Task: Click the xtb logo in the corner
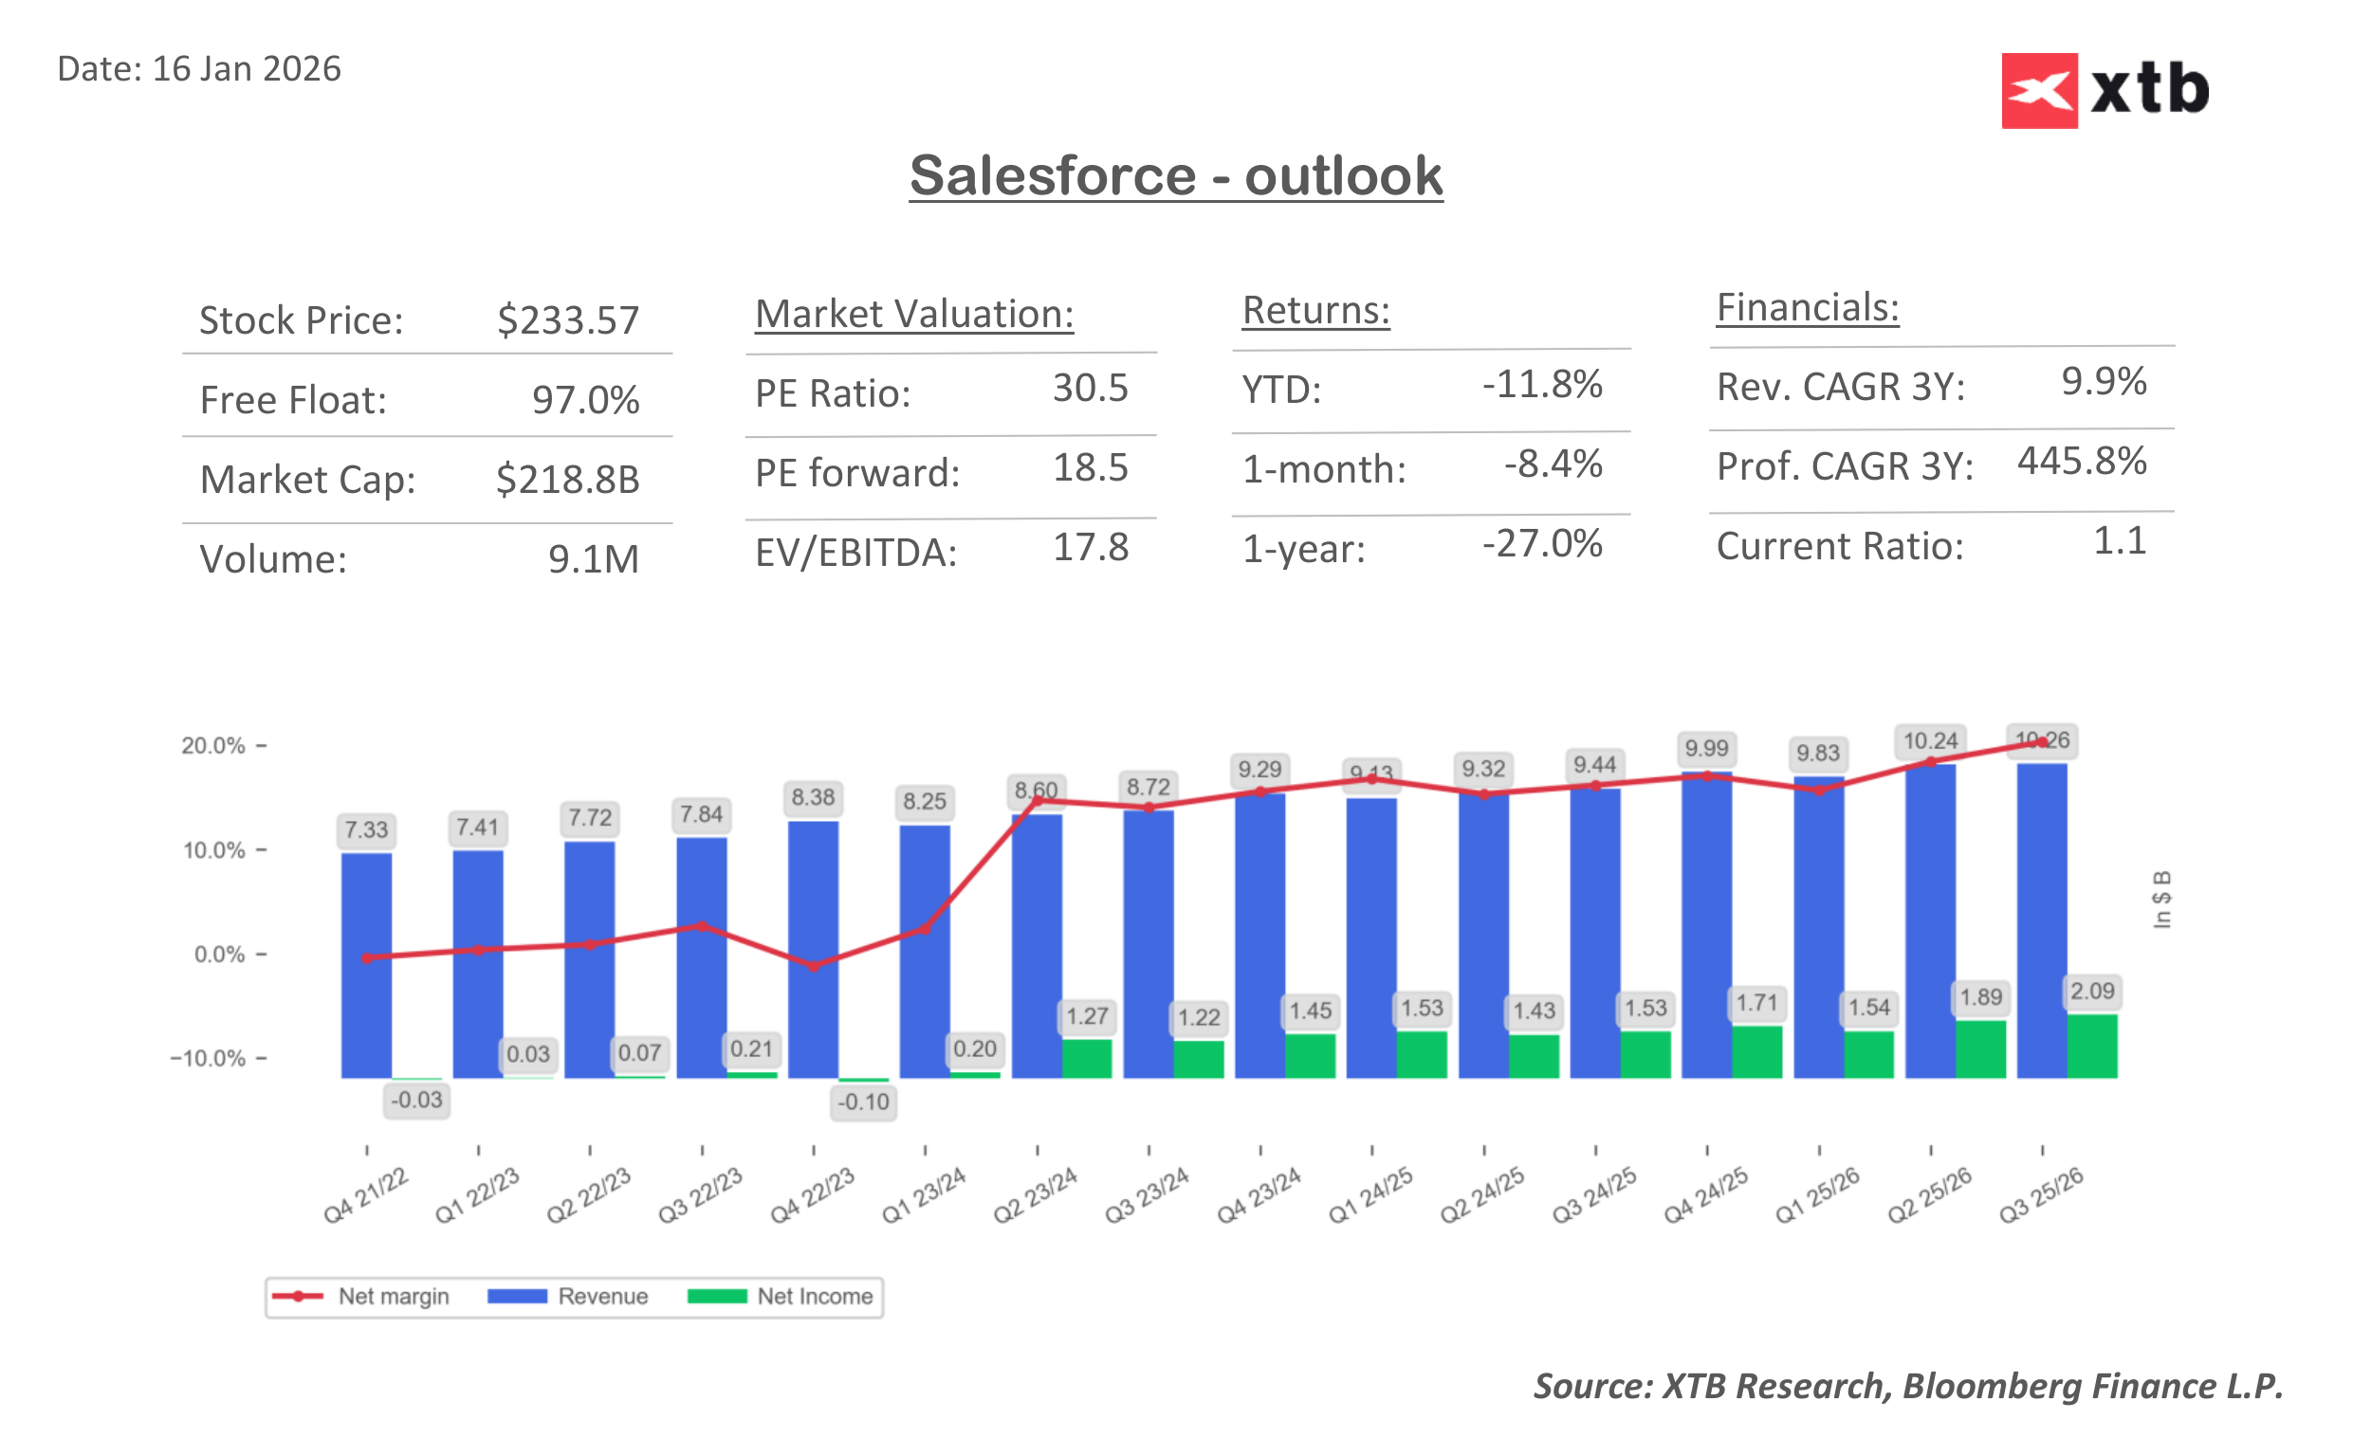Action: pyautogui.click(x=2104, y=90)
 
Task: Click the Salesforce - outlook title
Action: pyautogui.click(x=1175, y=175)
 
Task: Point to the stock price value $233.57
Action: pyautogui.click(x=567, y=319)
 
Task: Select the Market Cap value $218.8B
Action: pyautogui.click(x=567, y=479)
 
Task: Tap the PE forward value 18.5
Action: pyautogui.click(x=1090, y=468)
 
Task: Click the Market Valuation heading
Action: pyautogui.click(x=913, y=314)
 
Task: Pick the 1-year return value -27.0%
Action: pyautogui.click(x=1541, y=544)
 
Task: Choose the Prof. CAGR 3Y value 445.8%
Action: pyautogui.click(x=2081, y=462)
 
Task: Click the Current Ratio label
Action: pyautogui.click(x=1839, y=546)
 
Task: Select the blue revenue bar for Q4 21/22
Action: pyautogui.click(x=366, y=965)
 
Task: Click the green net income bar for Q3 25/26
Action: pyautogui.click(x=2091, y=1046)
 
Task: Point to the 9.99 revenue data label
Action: pyautogui.click(x=1706, y=748)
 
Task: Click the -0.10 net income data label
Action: pyautogui.click(x=863, y=1101)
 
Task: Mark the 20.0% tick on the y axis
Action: pyautogui.click(x=212, y=745)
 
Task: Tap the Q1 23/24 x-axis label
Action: pyautogui.click(x=923, y=1195)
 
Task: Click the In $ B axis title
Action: pyautogui.click(x=2161, y=900)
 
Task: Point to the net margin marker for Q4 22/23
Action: pyautogui.click(x=813, y=965)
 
